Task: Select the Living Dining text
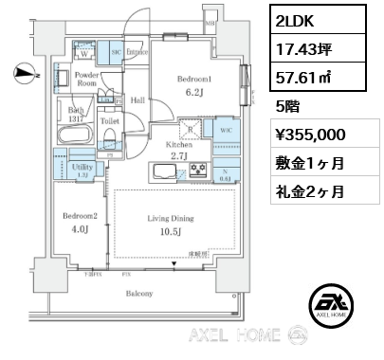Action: tap(170, 218)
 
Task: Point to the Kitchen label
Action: tap(180, 144)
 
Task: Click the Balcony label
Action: tap(140, 294)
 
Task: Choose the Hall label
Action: tap(137, 99)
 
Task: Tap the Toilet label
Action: tap(108, 122)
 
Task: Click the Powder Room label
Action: tap(88, 79)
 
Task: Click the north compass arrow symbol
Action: tap(24, 70)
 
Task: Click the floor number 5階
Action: tap(286, 105)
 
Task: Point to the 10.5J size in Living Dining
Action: tap(170, 233)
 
